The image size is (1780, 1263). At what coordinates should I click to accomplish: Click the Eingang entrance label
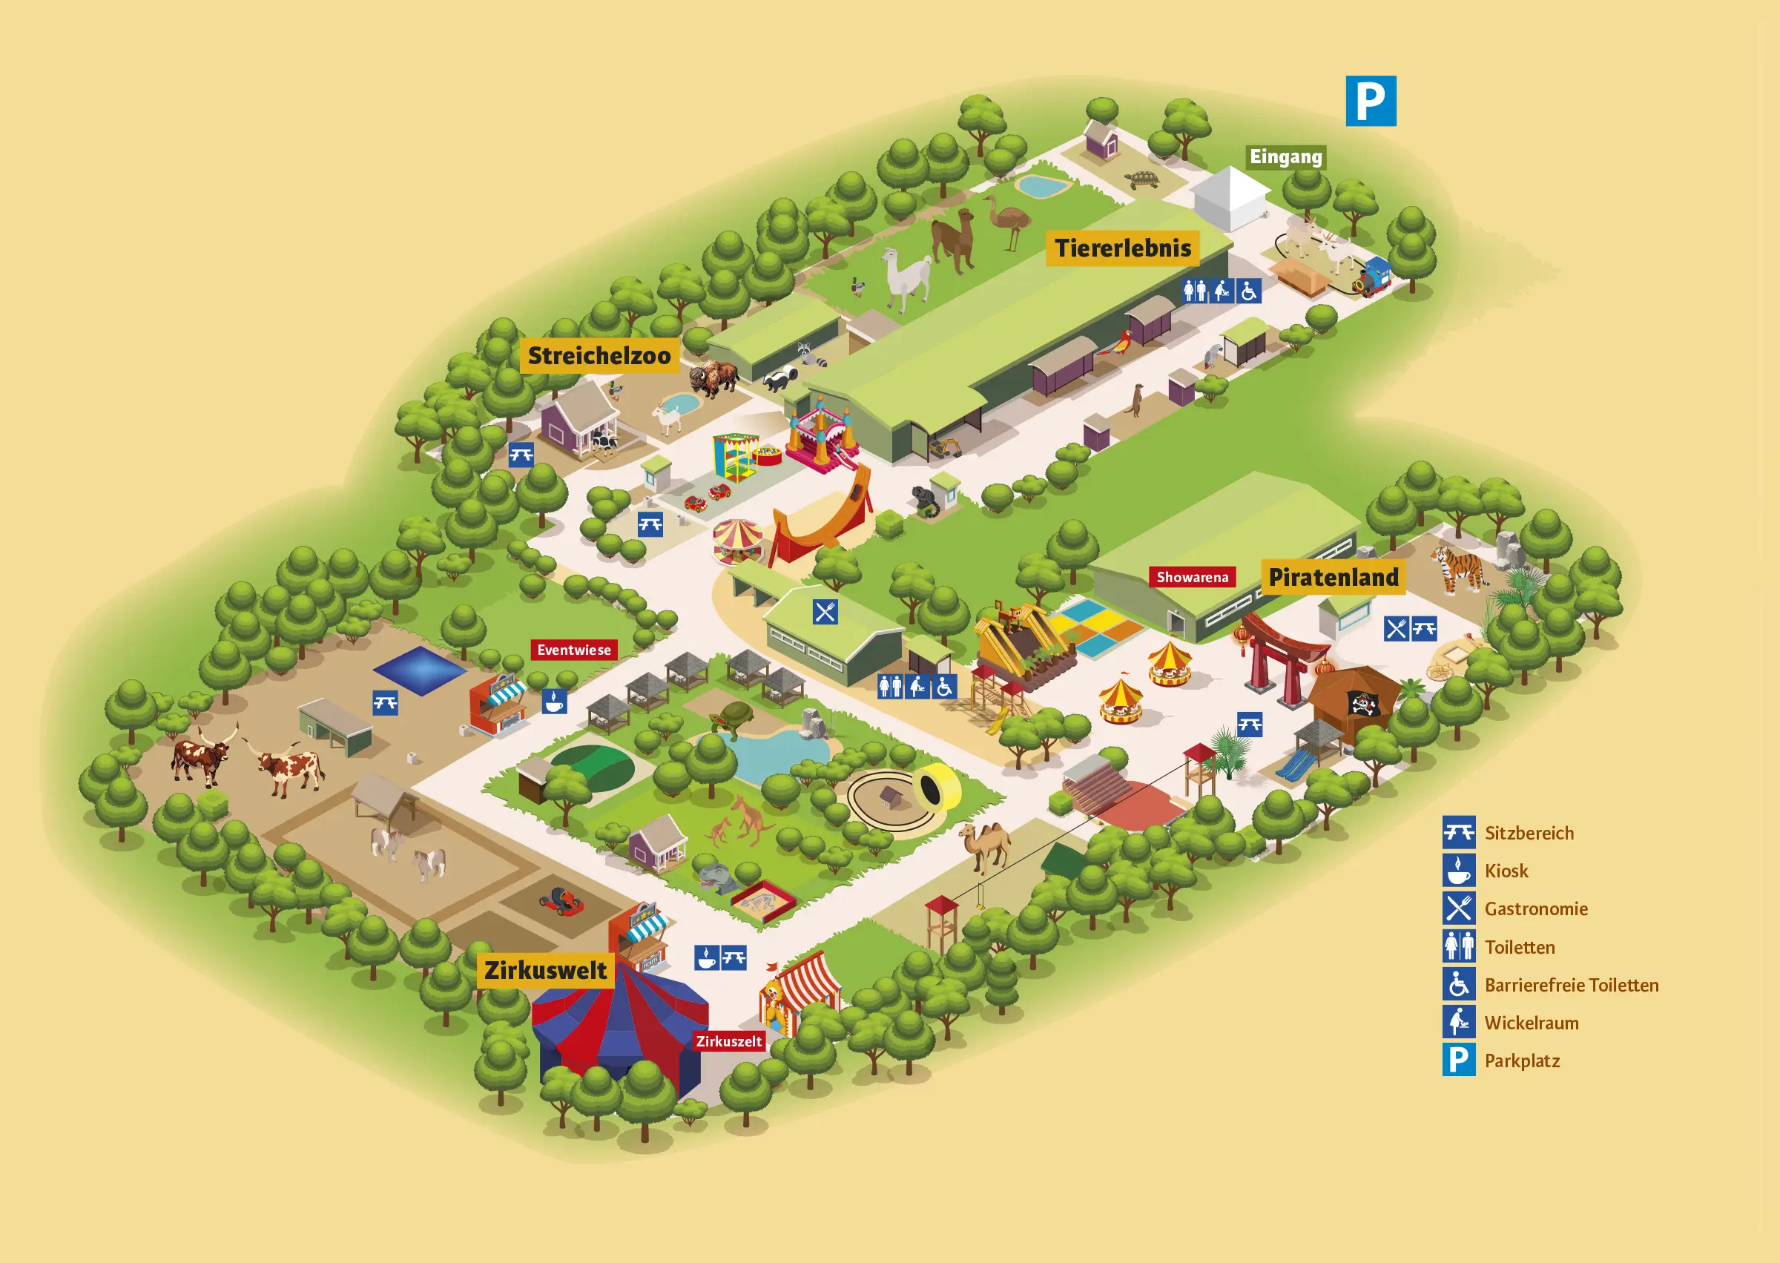click(1285, 157)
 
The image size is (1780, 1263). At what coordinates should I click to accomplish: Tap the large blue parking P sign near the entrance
click(1370, 101)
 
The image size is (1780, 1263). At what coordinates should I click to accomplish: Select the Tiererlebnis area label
click(1121, 248)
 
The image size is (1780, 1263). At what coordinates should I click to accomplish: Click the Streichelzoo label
click(599, 355)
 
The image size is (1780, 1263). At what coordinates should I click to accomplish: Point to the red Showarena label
click(1191, 577)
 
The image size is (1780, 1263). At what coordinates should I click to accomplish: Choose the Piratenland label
click(1333, 577)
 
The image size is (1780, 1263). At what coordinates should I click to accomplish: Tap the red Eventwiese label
click(574, 650)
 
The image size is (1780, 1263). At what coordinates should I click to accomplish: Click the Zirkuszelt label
click(728, 1041)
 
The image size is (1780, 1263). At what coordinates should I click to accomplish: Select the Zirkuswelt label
click(545, 971)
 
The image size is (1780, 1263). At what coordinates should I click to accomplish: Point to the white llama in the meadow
click(907, 277)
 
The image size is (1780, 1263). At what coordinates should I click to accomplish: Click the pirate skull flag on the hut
click(1362, 703)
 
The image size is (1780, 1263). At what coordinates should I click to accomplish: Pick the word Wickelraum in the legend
click(1531, 1023)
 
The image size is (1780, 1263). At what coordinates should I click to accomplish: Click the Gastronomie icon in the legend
click(1458, 908)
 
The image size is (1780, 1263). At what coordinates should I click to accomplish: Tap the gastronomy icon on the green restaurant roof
click(825, 612)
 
